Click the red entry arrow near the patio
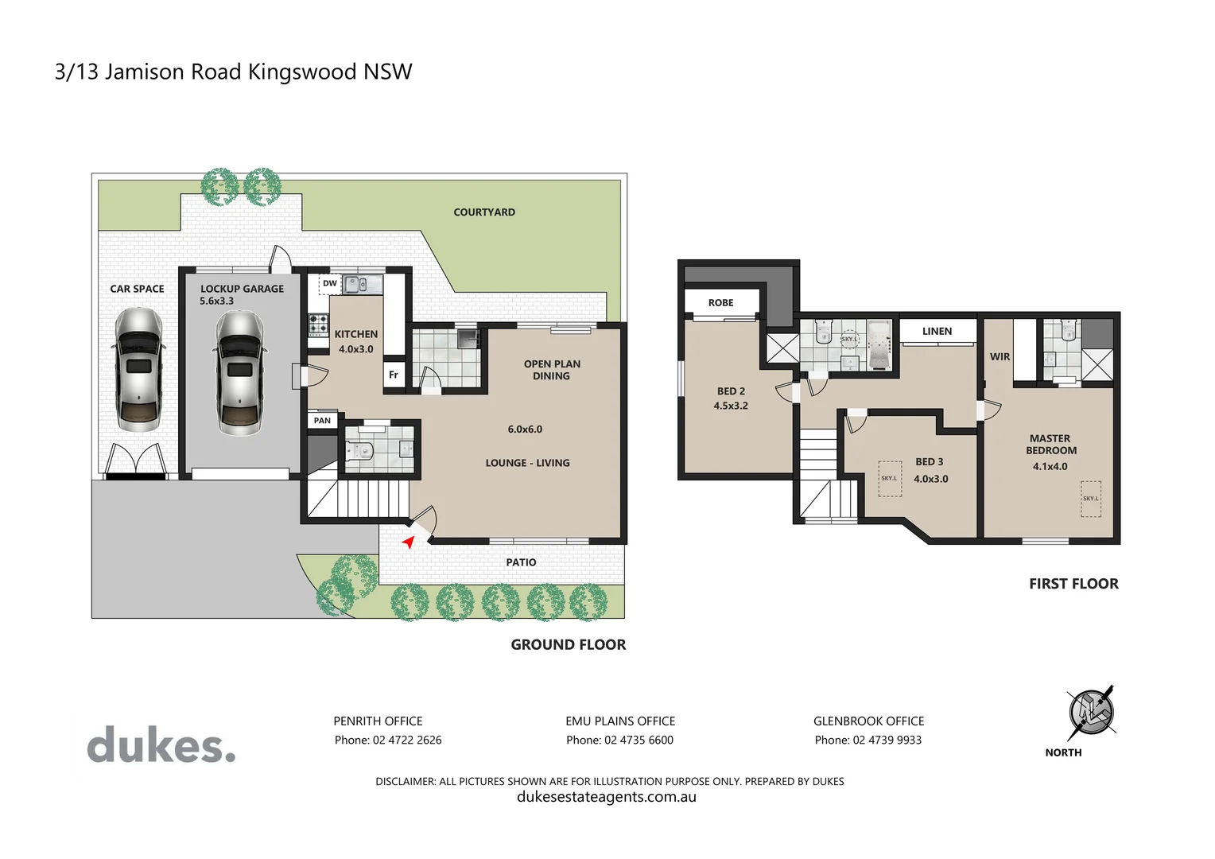pos(408,542)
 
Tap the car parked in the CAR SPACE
pos(139,369)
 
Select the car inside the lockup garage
pos(239,372)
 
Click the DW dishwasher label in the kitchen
pos(329,283)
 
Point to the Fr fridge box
pos(394,375)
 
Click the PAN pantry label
pos(322,421)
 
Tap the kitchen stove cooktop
pos(319,324)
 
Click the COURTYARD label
pos(483,212)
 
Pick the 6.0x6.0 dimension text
pos(525,429)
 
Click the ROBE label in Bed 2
pos(720,303)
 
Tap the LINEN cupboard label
pos(937,332)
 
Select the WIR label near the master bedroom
pos(1000,357)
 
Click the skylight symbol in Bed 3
pos(889,479)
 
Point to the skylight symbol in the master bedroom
pos(1091,499)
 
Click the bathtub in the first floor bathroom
pos(878,345)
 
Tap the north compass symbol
pos(1090,712)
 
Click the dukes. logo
pos(161,745)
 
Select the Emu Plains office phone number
pos(619,740)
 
